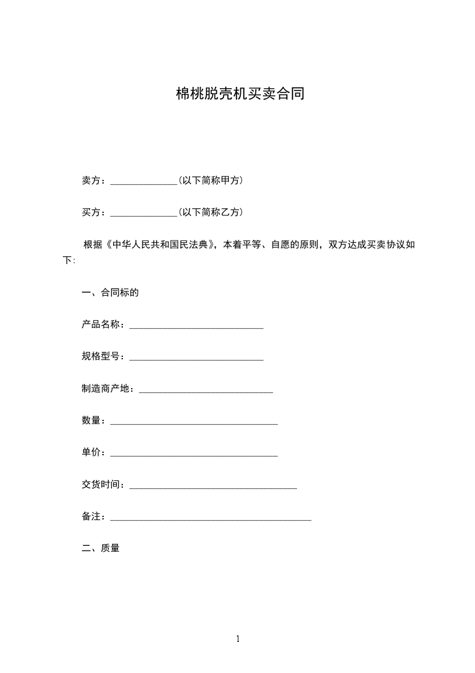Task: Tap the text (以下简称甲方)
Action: (x=210, y=180)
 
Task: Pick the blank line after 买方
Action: (x=144, y=214)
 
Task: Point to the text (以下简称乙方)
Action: (x=210, y=212)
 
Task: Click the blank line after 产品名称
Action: (x=196, y=327)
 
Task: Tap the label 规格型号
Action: (x=101, y=357)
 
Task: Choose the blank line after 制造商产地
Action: (x=206, y=391)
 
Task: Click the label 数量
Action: (x=91, y=421)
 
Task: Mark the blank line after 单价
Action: (x=194, y=455)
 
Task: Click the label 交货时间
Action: (x=101, y=485)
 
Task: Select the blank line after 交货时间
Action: (x=213, y=488)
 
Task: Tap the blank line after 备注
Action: (x=211, y=519)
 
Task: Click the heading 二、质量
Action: (x=101, y=548)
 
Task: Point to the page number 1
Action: (x=238, y=639)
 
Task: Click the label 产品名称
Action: (x=101, y=325)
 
